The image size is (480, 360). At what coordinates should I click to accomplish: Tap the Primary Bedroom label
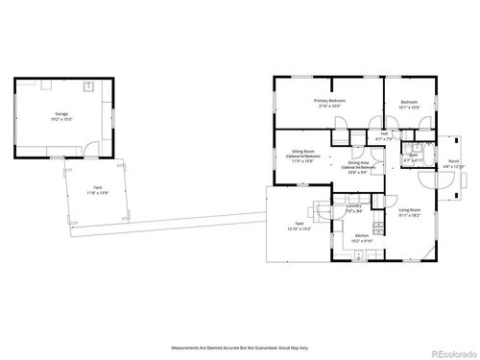coord(329,100)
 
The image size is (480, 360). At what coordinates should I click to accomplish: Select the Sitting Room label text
coord(304,153)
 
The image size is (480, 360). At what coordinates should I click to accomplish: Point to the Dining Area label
coord(359,165)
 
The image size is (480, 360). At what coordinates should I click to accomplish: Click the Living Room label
coord(410,209)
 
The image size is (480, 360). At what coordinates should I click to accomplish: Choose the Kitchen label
coord(362,235)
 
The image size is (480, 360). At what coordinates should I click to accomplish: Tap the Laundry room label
coord(353,204)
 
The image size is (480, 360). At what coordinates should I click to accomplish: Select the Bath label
coord(411,154)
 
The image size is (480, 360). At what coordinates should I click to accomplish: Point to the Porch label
coord(453,161)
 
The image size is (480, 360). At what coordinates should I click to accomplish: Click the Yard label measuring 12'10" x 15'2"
coord(300,223)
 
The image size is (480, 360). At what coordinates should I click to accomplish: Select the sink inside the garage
coord(87,86)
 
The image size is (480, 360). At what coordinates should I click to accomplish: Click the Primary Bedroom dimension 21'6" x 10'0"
coord(329,106)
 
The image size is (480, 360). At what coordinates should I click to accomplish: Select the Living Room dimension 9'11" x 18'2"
coord(410,215)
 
